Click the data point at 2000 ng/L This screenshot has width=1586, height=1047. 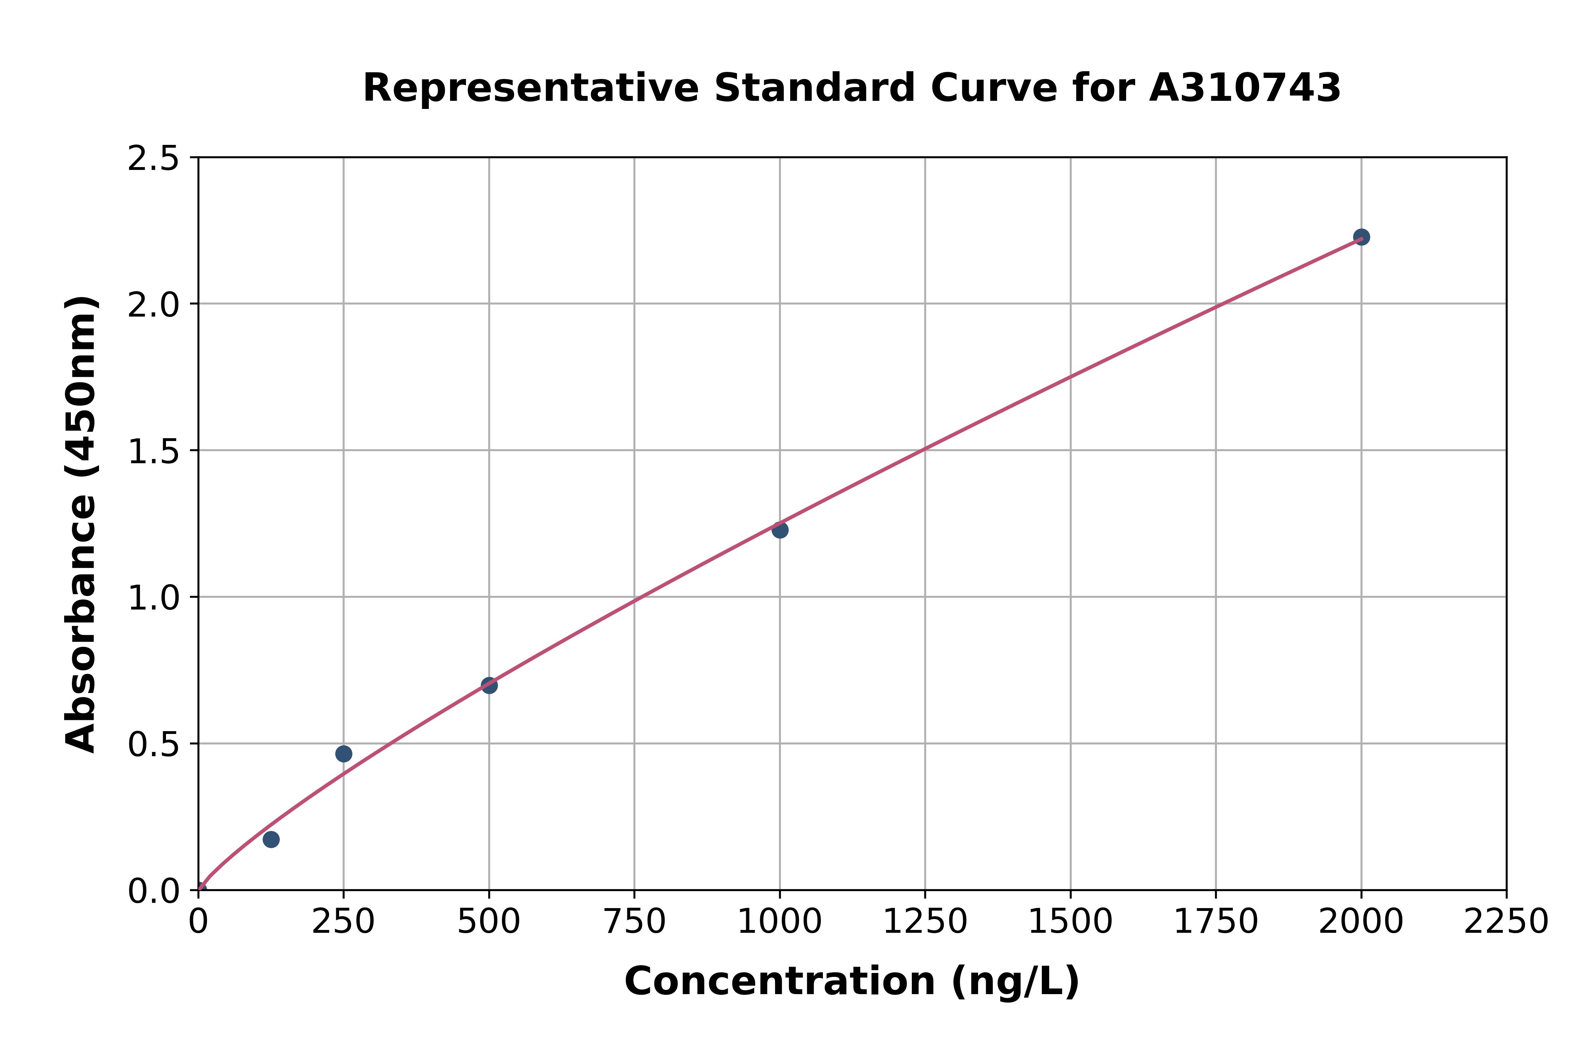[x=1361, y=237]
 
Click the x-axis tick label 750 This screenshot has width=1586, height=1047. [x=634, y=922]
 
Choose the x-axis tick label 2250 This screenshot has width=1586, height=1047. [x=1506, y=922]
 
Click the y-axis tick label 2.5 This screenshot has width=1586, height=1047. [x=154, y=159]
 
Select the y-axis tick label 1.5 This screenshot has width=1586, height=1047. [x=154, y=451]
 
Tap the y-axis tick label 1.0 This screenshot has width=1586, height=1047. [x=154, y=598]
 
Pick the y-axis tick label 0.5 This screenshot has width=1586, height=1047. [x=154, y=744]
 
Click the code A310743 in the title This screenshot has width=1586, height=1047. [x=1245, y=88]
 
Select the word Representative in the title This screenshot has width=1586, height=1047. [x=531, y=88]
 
